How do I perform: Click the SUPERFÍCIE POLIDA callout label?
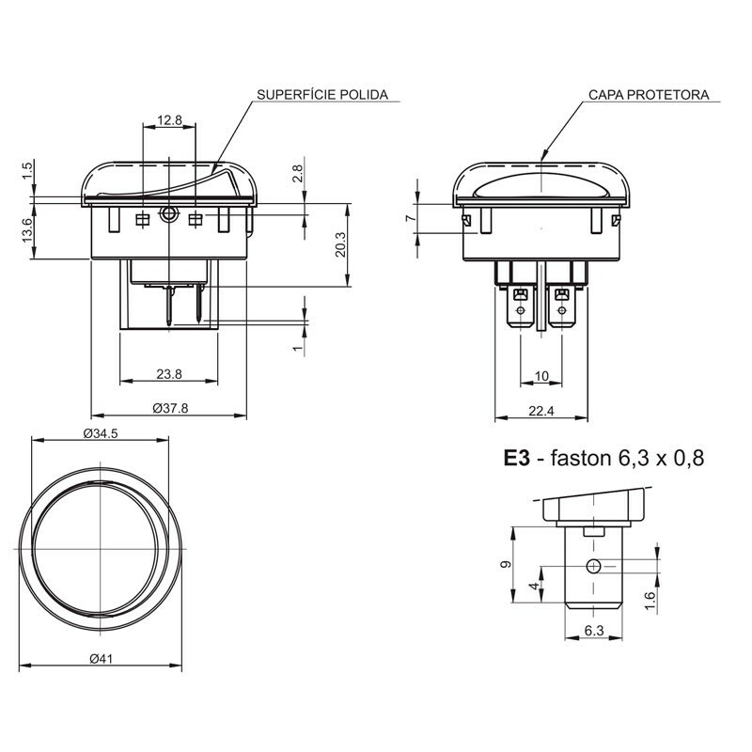(321, 96)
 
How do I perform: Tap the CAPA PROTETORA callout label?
(649, 96)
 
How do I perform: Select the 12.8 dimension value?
(169, 119)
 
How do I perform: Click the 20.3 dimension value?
(341, 243)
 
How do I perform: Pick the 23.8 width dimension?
(169, 374)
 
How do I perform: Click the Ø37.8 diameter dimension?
(170, 408)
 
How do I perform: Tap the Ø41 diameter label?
(102, 659)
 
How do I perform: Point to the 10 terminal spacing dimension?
(541, 376)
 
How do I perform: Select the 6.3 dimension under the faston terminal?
(593, 632)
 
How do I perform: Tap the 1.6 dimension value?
(650, 601)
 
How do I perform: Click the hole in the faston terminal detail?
(593, 565)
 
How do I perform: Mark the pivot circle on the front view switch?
(168, 214)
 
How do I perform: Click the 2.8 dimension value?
(297, 173)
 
